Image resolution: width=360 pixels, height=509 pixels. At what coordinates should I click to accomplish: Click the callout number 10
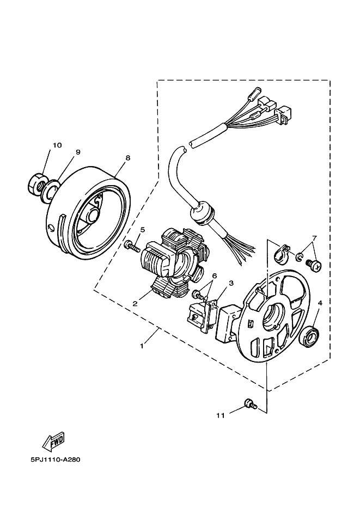[x=57, y=145]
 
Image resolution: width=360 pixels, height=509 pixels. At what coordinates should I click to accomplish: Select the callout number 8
[x=127, y=158]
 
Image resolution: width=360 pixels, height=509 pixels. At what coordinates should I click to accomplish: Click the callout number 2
[x=135, y=303]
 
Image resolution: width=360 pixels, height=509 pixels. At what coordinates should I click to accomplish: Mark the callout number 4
[x=320, y=302]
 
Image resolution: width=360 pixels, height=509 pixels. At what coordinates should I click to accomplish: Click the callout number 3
[x=231, y=283]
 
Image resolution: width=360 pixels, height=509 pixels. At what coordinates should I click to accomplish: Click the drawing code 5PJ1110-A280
[x=56, y=459]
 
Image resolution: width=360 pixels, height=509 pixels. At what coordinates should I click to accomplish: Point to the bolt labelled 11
[x=250, y=403]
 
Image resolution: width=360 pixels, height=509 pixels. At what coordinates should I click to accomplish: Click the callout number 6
[x=215, y=277]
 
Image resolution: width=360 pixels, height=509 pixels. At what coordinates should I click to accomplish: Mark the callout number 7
[x=314, y=238]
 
